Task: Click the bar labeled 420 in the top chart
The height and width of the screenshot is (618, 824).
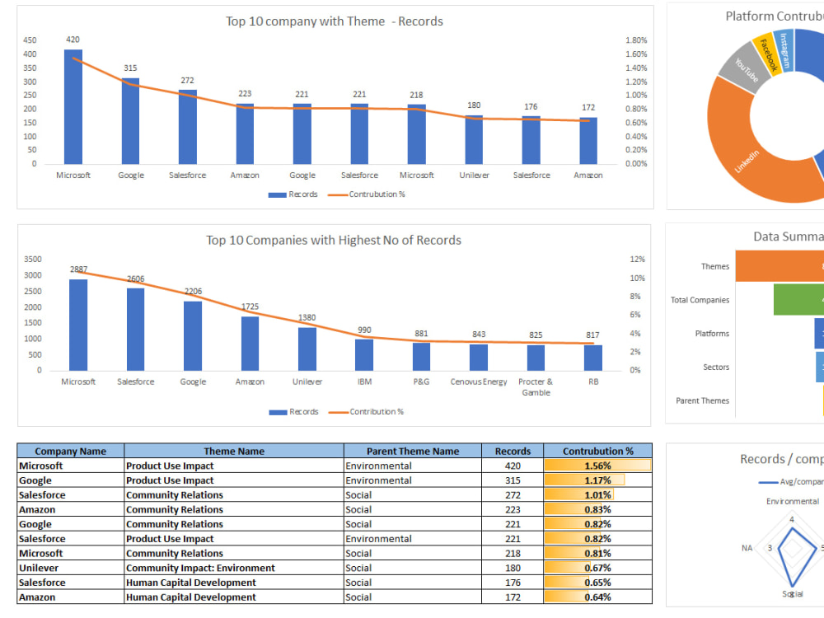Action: pos(73,107)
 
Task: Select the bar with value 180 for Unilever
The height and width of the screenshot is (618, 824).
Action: pos(474,140)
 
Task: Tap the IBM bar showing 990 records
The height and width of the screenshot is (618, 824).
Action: pos(364,355)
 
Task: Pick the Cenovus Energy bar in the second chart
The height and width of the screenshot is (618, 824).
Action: pos(479,358)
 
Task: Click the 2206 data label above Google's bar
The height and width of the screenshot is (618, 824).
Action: pos(193,292)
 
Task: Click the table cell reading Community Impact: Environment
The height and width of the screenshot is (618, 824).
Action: pos(200,568)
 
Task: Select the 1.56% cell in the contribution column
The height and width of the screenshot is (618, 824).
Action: pos(597,466)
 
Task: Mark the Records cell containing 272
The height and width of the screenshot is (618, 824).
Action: pos(513,495)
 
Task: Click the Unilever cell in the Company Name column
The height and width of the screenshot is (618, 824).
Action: pos(39,568)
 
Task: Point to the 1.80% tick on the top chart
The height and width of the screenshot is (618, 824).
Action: pos(635,40)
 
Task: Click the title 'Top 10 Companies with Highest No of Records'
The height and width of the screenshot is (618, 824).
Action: pos(334,241)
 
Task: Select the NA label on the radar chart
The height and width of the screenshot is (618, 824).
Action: pos(747,548)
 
